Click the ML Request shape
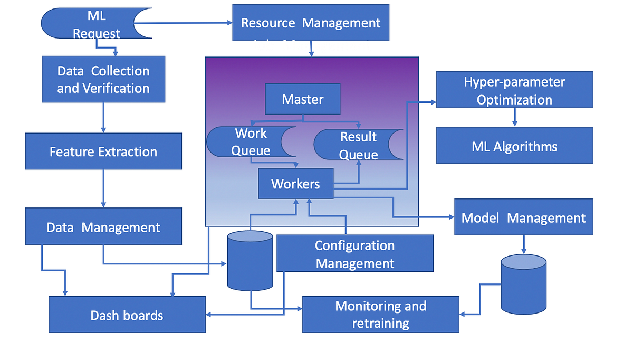[90, 24]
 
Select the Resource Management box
[311, 23]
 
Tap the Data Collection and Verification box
[103, 79]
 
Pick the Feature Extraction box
[103, 151]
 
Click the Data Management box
[103, 226]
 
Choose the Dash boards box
[127, 315]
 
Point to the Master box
[303, 99]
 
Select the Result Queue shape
[353, 145]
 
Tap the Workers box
[295, 184]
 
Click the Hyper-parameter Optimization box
[514, 90]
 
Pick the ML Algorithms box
[514, 146]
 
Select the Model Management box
[523, 217]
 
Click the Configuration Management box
[354, 253]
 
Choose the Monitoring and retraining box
[380, 315]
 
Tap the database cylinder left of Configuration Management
[250, 262]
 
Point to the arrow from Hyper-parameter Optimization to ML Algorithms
[515, 117]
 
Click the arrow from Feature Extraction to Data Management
[103, 188]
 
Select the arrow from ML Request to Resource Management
[185, 23]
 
